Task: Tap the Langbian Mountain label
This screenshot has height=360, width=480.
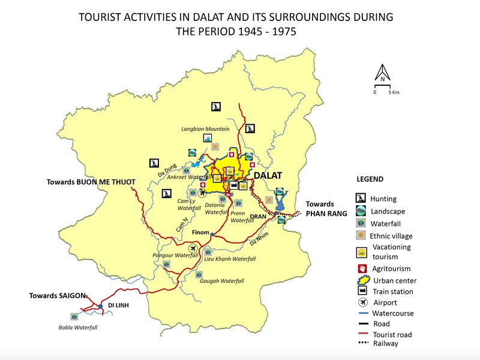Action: pos(205,129)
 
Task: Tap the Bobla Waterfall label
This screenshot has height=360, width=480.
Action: pos(77,327)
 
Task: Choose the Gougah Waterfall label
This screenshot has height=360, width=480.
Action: pos(221,280)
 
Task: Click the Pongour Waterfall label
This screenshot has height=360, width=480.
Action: pos(175,255)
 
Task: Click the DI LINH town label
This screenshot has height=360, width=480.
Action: pos(119,305)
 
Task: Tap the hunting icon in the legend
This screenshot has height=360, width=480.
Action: pos(361,199)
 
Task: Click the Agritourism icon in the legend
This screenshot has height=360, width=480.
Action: pos(361,267)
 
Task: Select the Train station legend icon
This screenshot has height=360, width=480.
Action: pos(361,292)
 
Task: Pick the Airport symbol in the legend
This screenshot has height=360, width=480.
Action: pos(361,302)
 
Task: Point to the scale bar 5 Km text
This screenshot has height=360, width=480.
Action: pos(393,92)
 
